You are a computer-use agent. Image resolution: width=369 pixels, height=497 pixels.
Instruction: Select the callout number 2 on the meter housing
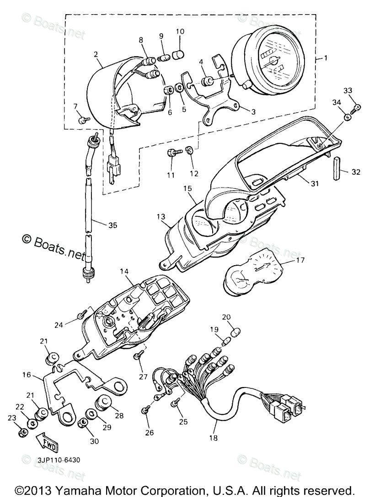[x=96, y=54]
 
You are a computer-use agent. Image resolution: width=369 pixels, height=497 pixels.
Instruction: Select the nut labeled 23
[x=22, y=432]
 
